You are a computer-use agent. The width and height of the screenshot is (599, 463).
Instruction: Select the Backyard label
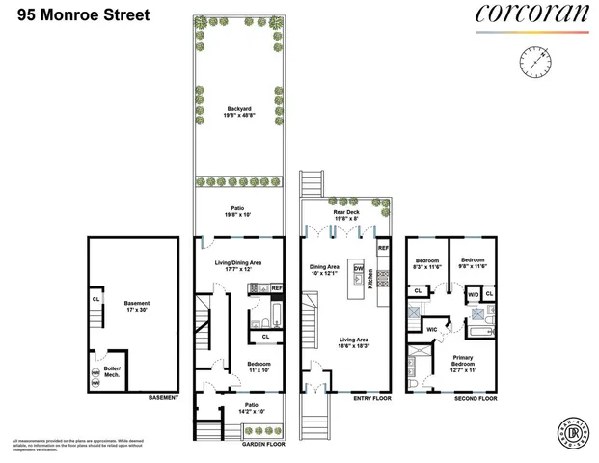tap(237, 110)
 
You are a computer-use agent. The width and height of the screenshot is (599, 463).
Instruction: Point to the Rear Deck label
tap(346, 215)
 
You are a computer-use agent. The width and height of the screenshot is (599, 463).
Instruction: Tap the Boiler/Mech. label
tap(113, 369)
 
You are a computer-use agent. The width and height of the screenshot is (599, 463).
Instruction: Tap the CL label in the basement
tap(95, 298)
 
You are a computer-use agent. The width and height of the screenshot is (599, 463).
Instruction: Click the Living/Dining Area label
tap(237, 265)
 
